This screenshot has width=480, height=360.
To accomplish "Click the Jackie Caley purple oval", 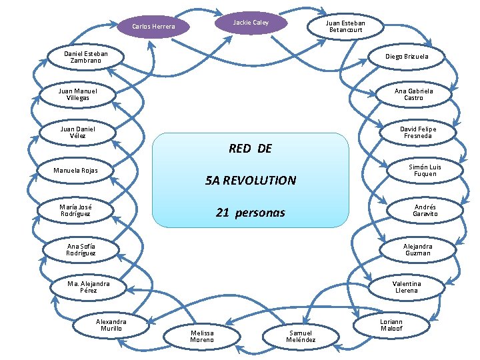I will click(251, 23).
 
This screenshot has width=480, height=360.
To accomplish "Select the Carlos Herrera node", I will click(153, 27).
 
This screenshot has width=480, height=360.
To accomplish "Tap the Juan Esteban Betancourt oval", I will click(345, 26).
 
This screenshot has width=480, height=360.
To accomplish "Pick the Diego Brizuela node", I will click(407, 57).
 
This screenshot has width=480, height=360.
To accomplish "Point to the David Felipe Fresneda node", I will click(418, 132).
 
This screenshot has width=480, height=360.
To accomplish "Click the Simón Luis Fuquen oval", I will click(425, 171).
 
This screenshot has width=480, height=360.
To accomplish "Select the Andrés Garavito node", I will click(425, 211).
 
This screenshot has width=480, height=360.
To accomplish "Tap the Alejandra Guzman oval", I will click(417, 249).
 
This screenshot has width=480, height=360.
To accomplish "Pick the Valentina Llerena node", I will click(406, 287).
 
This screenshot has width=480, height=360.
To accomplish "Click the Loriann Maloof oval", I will click(391, 325).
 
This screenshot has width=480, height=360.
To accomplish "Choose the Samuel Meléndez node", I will click(301, 336).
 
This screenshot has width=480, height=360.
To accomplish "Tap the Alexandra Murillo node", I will click(111, 325).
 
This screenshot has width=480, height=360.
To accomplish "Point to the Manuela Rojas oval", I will click(75, 171).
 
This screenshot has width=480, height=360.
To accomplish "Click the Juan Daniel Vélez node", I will click(78, 132).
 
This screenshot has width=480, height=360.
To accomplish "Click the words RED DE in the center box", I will click(250, 149).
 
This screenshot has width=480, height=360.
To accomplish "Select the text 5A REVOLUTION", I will click(251, 181).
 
